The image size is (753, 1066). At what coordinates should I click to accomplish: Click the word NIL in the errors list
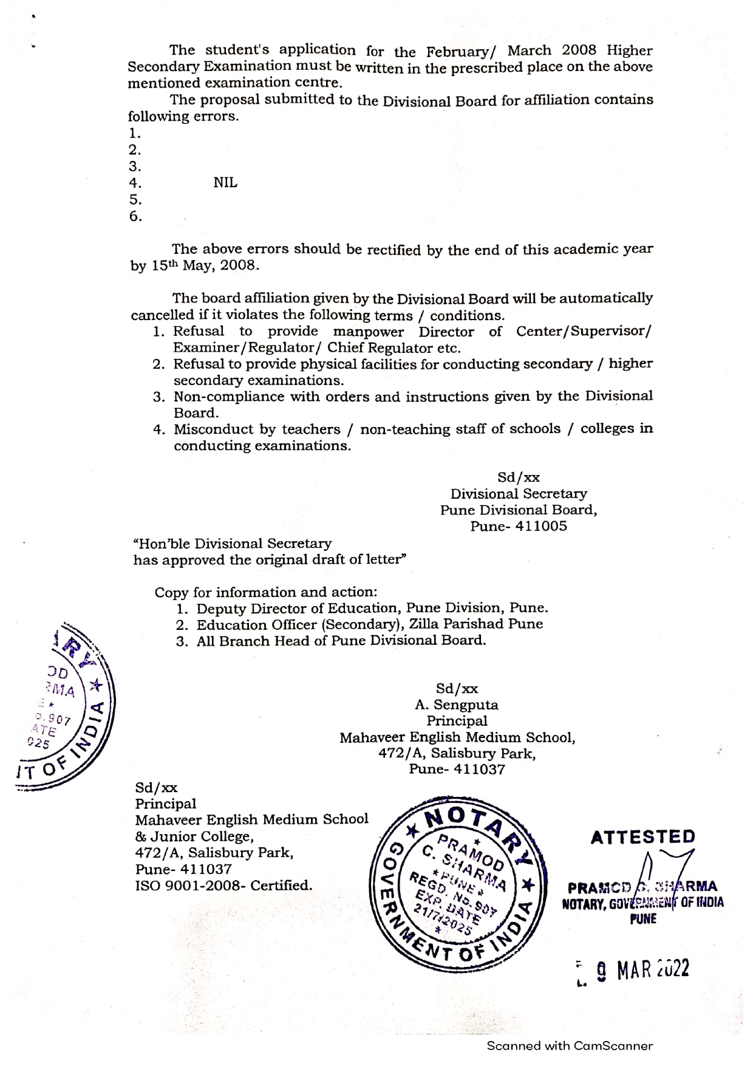225,183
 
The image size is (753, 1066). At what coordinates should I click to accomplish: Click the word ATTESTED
642,837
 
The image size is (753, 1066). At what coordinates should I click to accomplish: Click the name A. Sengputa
457,705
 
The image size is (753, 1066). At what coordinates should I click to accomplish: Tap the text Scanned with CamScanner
570,1045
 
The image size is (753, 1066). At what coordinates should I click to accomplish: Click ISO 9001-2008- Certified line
223,886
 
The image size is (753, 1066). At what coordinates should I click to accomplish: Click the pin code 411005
541,526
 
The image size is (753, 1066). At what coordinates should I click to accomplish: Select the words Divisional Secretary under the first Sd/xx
519,494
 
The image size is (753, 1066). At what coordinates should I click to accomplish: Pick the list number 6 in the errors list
135,216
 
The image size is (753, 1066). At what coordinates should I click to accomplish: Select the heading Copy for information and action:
266,592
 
